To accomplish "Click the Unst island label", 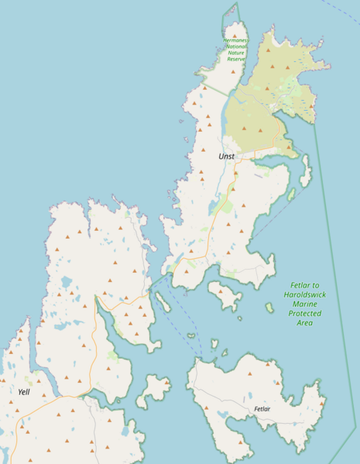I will [226, 156].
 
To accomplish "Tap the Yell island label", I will [24, 392].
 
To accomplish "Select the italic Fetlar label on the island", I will [262, 407].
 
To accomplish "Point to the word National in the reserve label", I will [236, 46].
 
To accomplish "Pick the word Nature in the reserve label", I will [235, 53].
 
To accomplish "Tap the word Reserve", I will [235, 59].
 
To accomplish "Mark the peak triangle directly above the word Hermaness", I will [235, 35].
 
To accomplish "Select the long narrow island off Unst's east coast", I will [305, 171].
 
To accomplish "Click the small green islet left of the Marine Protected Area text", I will [269, 308].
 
